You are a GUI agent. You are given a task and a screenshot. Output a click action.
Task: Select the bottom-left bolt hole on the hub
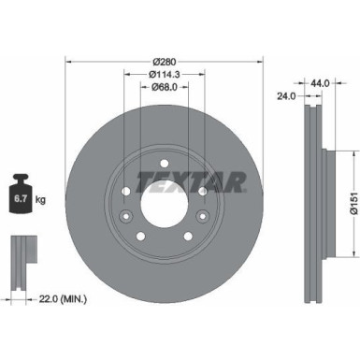click(x=141, y=236)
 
